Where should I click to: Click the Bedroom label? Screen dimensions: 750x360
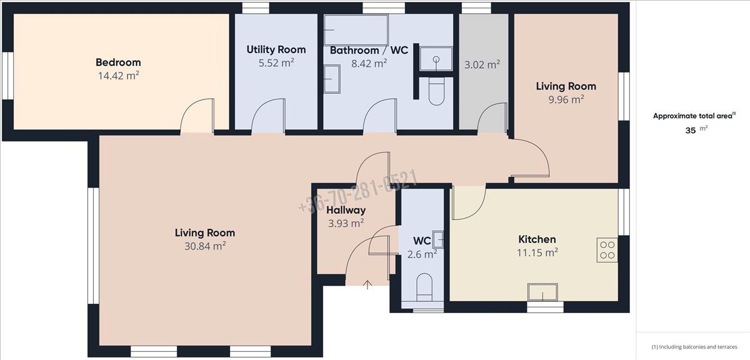tap(118, 62)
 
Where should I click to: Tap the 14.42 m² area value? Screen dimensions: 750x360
tap(118, 76)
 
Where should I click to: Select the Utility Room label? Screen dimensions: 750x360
tap(276, 49)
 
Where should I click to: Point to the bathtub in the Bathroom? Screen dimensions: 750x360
tap(356, 30)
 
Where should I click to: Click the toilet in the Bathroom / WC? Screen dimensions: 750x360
tap(436, 91)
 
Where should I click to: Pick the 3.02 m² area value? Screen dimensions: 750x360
tap(482, 64)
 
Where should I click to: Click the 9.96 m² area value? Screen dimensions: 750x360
tap(566, 99)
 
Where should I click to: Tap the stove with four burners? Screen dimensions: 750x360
tap(607, 250)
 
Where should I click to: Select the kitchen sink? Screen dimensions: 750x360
tap(542, 292)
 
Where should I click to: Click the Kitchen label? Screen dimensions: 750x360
tap(537, 239)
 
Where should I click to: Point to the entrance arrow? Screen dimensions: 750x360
tap(367, 284)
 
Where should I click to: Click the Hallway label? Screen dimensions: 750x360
tap(346, 210)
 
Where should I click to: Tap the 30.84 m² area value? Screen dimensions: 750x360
tap(205, 246)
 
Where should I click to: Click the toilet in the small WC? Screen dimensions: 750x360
tap(424, 287)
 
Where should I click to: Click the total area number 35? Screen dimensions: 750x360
tap(691, 131)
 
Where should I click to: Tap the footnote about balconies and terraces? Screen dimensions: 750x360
tap(694, 347)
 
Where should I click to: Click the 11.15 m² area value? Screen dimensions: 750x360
tap(537, 252)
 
